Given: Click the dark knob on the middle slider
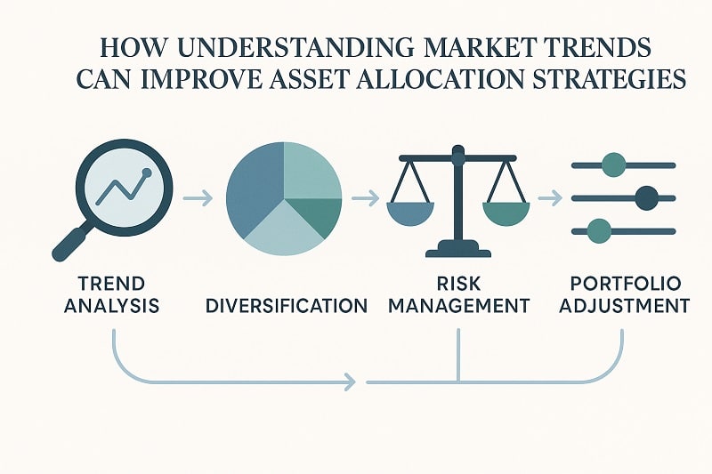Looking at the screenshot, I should [x=646, y=197].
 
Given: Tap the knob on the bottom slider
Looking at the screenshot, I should [x=602, y=231].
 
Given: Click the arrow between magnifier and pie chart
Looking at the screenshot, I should [x=198, y=197].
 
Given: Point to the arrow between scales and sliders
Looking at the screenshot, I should [x=549, y=197].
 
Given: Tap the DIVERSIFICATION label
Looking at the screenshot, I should [x=286, y=306].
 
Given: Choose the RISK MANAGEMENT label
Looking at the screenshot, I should [x=458, y=295].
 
